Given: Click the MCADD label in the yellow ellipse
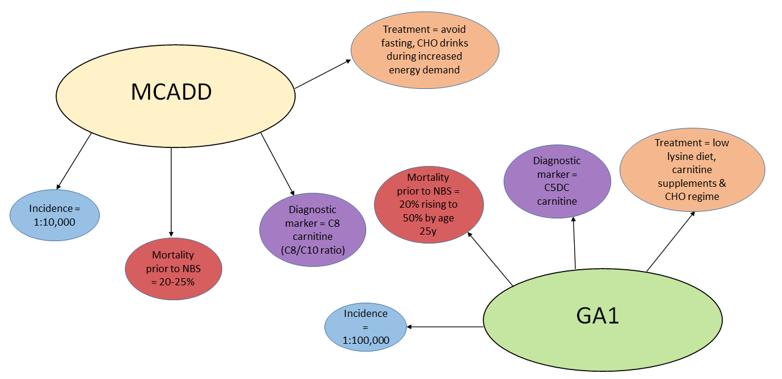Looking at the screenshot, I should [171, 93].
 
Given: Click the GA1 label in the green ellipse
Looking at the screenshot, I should [597, 316].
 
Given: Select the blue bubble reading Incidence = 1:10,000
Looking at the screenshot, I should [55, 215].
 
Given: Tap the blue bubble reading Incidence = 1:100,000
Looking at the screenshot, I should [366, 327].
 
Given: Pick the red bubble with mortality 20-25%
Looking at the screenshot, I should [173, 268].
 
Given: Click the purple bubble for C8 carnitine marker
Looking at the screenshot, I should [312, 230].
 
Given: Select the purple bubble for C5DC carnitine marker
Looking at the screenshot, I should [557, 181].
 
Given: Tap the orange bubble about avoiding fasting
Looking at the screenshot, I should [424, 50].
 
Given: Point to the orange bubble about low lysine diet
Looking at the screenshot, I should [692, 170].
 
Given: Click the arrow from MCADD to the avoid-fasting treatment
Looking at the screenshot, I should [323, 74].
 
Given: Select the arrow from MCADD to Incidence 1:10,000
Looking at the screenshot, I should [74, 159].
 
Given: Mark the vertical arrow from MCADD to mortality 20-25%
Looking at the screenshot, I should [171, 191].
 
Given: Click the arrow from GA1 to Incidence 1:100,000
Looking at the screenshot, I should [445, 326].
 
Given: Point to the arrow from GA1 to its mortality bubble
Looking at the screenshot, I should [491, 260].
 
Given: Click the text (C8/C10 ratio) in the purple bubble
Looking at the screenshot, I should [312, 250].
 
